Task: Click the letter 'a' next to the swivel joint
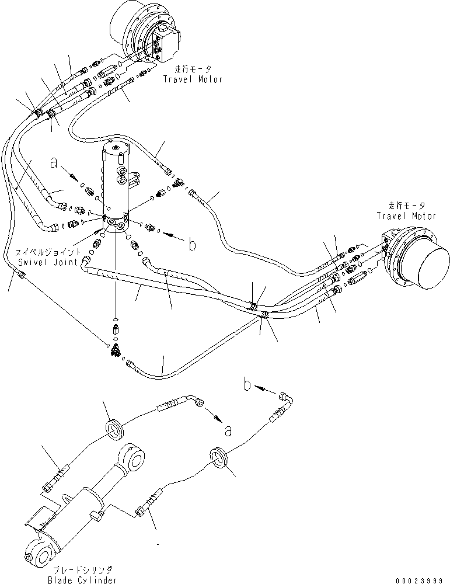pos(54,165)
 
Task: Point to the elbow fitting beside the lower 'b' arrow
pos(287,399)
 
